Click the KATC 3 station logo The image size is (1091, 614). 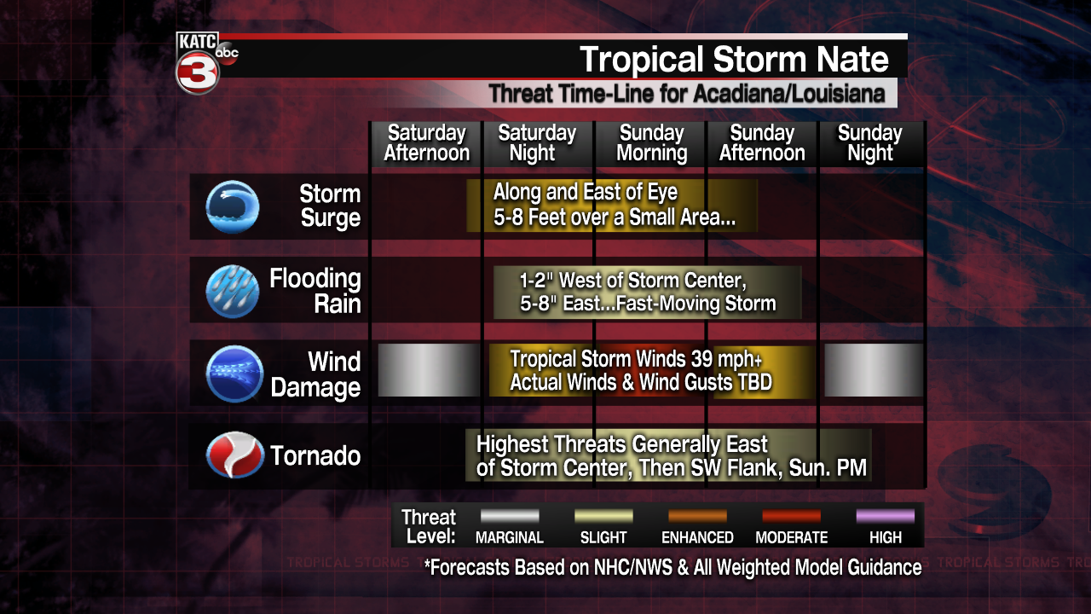tap(205, 62)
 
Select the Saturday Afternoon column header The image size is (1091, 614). tap(427, 142)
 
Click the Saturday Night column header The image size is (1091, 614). tap(537, 142)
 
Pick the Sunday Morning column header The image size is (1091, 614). tap(652, 142)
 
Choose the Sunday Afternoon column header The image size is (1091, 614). tap(762, 142)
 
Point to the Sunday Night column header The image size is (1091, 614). tap(870, 142)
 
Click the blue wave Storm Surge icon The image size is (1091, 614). tap(233, 206)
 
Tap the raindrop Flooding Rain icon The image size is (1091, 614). tap(233, 291)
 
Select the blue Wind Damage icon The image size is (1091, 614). tap(234, 374)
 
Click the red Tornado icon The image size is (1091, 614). tap(234, 455)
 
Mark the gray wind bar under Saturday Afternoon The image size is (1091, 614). tap(429, 370)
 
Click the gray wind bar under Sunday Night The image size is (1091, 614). tap(874, 370)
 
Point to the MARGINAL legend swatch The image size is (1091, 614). tap(510, 516)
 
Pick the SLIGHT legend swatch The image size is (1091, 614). tap(603, 516)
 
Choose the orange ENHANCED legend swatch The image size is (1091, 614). tap(697, 516)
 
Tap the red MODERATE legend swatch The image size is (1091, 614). tap(792, 516)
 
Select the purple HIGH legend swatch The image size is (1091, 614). tap(886, 516)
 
